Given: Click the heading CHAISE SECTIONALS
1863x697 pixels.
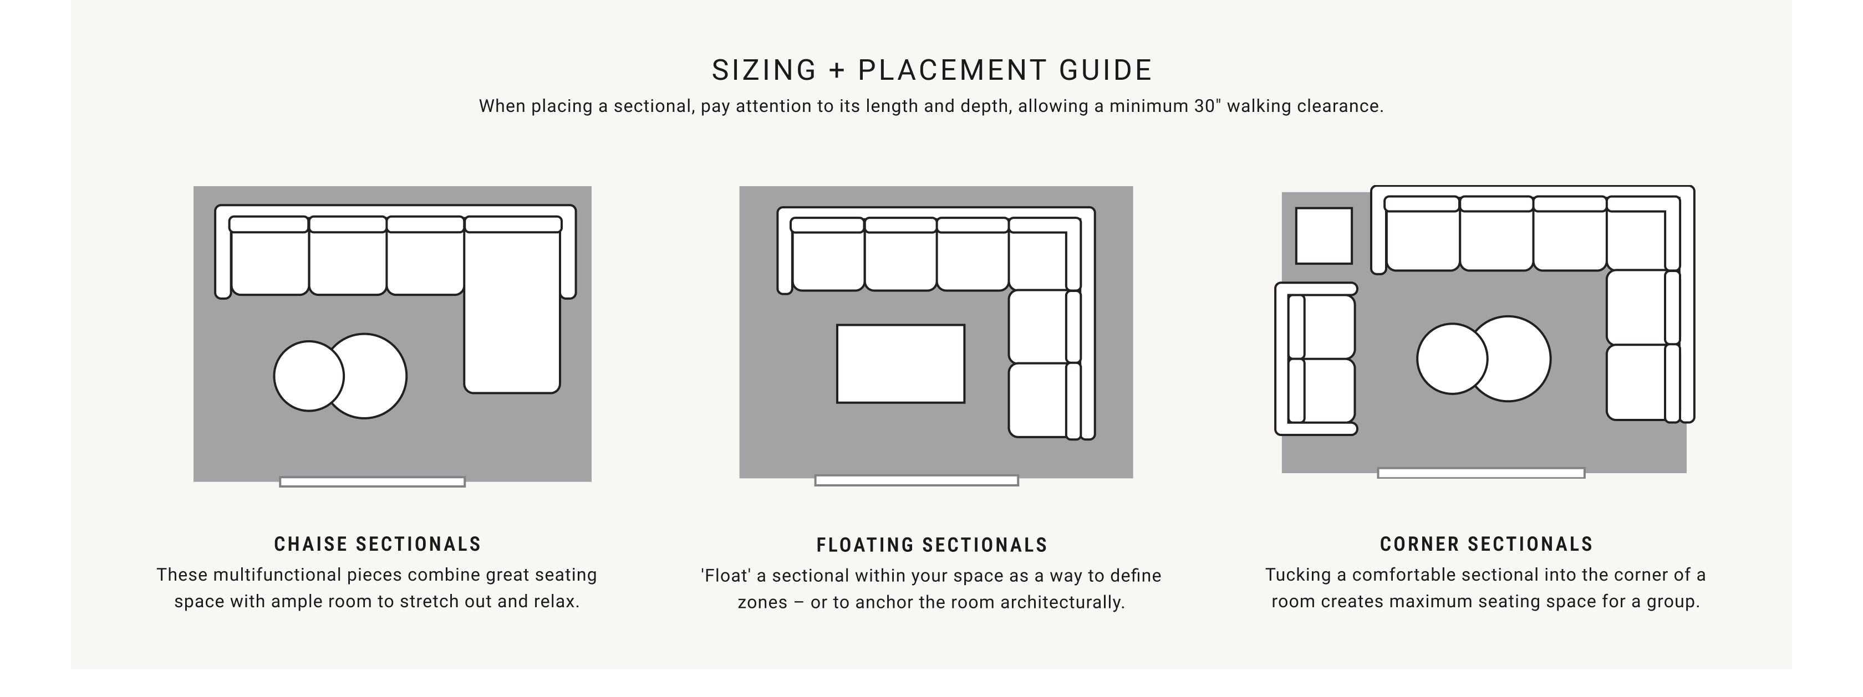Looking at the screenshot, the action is [x=378, y=544].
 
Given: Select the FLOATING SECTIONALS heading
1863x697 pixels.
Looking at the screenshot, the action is [x=932, y=545].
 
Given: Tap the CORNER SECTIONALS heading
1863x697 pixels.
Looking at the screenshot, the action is [x=1486, y=544].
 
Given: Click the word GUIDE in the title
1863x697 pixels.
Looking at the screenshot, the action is [x=1106, y=70].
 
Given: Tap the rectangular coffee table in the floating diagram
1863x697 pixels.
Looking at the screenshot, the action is [x=900, y=363].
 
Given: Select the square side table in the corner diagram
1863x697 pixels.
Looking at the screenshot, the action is [x=1324, y=235].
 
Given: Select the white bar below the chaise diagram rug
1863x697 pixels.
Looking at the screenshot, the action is [x=373, y=481].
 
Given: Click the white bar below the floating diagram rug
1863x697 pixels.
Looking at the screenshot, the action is [x=917, y=480].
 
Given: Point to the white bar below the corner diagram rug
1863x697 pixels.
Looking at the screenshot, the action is [x=1481, y=473].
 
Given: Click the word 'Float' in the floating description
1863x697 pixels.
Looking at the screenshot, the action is [x=725, y=576].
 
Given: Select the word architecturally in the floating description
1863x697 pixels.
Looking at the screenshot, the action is [x=1062, y=602].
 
